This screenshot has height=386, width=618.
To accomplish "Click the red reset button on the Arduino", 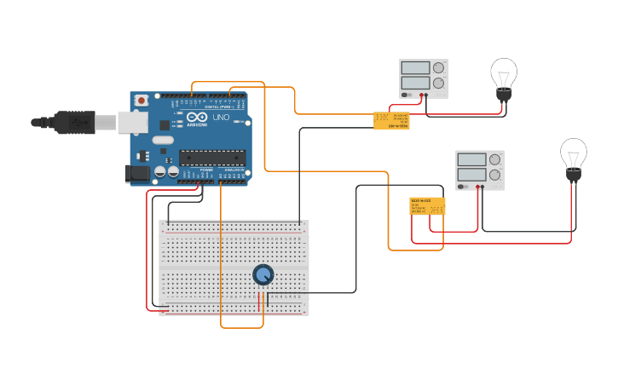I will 142,100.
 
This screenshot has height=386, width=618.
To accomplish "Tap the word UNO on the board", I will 221,117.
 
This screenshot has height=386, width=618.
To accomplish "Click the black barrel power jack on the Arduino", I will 137,174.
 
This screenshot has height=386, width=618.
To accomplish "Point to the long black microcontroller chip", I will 212,157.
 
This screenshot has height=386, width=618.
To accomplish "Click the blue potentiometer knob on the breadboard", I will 263,274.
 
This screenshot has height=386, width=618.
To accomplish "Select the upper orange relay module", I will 391,120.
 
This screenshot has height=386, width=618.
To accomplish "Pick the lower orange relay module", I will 427,205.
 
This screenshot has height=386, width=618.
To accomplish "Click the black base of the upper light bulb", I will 504,95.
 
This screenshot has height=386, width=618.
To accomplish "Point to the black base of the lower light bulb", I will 574,176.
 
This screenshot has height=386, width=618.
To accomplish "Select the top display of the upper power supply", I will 415,68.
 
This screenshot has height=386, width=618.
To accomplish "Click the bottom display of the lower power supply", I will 471,175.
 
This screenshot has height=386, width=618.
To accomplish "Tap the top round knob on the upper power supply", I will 438,68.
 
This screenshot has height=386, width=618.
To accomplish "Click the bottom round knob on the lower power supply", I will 494,175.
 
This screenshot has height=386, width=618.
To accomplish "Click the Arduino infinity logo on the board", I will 197,118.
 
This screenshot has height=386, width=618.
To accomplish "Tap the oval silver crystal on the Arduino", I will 164,140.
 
